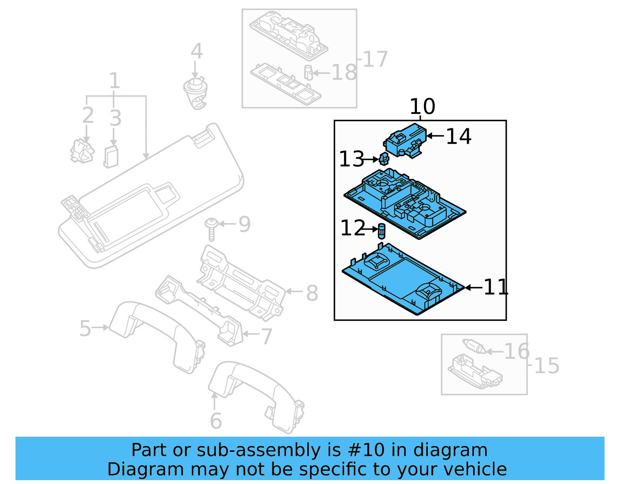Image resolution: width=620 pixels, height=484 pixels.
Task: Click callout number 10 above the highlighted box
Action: [x=422, y=107]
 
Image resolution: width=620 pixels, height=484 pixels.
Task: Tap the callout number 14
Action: [x=458, y=136]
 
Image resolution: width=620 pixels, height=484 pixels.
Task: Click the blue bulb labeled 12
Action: [x=382, y=231]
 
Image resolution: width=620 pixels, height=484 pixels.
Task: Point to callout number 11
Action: [x=496, y=287]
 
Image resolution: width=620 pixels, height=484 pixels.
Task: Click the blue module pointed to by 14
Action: [x=405, y=140]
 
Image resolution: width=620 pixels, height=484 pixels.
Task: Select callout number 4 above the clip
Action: [x=196, y=51]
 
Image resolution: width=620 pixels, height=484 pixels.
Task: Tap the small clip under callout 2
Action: [x=82, y=152]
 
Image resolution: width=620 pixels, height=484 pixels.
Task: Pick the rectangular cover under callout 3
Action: [x=111, y=157]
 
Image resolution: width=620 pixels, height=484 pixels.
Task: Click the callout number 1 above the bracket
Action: [x=114, y=81]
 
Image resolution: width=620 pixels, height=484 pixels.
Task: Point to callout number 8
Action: [x=312, y=293]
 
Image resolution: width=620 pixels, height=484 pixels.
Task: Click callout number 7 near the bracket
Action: [x=267, y=336]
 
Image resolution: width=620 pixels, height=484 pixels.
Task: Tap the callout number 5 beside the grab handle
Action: [x=85, y=329]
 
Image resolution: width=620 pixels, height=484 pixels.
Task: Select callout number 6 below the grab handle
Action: [x=216, y=421]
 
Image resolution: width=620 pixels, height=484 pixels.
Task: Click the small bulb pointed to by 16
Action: [x=474, y=346]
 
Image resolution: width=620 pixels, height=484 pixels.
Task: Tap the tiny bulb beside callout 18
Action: [x=308, y=72]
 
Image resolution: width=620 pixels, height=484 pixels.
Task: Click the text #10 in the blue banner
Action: [x=366, y=450]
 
